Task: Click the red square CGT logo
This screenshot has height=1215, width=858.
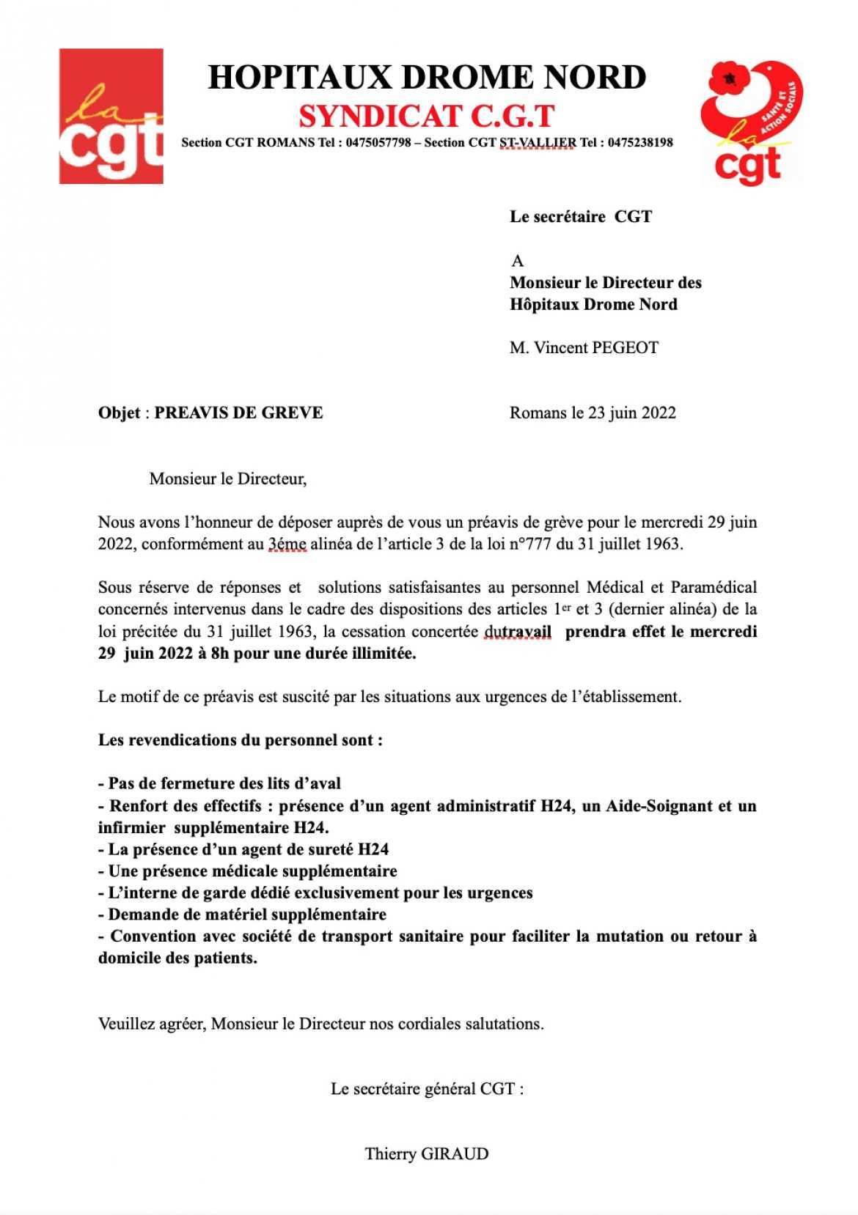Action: [111, 116]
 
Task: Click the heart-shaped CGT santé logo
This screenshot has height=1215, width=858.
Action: [751, 121]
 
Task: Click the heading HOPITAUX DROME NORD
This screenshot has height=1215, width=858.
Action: [427, 78]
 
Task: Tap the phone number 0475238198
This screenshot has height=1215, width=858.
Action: [637, 143]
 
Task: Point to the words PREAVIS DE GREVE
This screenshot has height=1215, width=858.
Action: [238, 413]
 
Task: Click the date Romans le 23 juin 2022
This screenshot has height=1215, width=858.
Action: [593, 413]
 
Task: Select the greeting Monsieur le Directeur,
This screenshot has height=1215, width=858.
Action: [227, 479]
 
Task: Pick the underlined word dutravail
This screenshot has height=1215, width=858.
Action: [518, 632]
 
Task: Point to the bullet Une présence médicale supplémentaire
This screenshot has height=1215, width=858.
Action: [248, 871]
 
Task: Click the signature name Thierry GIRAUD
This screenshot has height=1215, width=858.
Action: [427, 1154]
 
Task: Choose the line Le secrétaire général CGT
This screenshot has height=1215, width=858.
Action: [427, 1089]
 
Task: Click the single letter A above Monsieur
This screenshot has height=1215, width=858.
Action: [518, 261]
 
